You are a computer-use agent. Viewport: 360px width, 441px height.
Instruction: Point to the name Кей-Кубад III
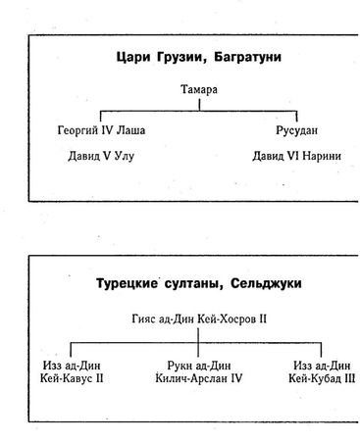(x=318, y=379)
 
